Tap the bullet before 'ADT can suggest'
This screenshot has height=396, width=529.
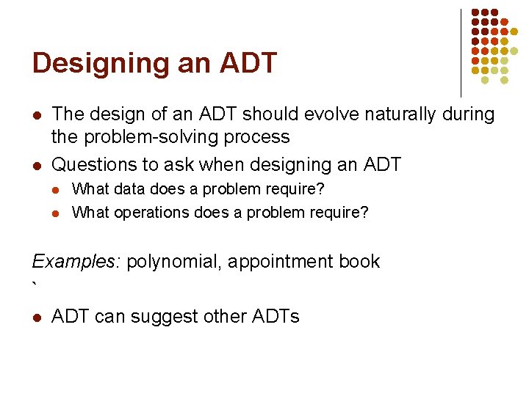[x=36, y=318]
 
